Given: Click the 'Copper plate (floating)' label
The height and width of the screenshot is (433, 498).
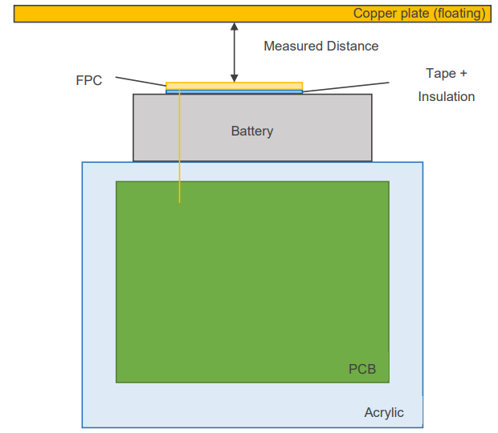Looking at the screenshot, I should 419,14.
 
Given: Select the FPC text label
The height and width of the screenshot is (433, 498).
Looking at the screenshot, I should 88,81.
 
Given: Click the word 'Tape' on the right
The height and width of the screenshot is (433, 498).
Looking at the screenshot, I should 439,73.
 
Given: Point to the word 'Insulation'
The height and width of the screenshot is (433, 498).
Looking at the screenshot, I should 446,97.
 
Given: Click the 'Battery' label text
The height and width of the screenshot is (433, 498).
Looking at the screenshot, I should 252,131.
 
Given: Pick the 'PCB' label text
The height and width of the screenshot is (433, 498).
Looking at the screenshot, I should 362,370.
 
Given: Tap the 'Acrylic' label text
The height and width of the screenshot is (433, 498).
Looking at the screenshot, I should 384,413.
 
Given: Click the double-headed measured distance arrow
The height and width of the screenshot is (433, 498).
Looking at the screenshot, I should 234,52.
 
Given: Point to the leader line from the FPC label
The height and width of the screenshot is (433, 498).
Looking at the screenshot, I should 141,81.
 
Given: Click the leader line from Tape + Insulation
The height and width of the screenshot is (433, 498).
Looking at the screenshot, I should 345,86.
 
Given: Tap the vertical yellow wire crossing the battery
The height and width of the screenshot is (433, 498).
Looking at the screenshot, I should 179,144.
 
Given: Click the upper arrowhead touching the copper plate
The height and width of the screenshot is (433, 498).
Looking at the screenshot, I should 234,26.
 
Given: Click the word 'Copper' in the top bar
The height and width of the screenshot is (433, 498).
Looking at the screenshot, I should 373,14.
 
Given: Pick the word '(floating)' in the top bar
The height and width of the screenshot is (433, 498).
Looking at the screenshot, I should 458,14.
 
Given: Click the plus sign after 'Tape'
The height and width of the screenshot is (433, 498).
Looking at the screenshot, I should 462,73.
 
